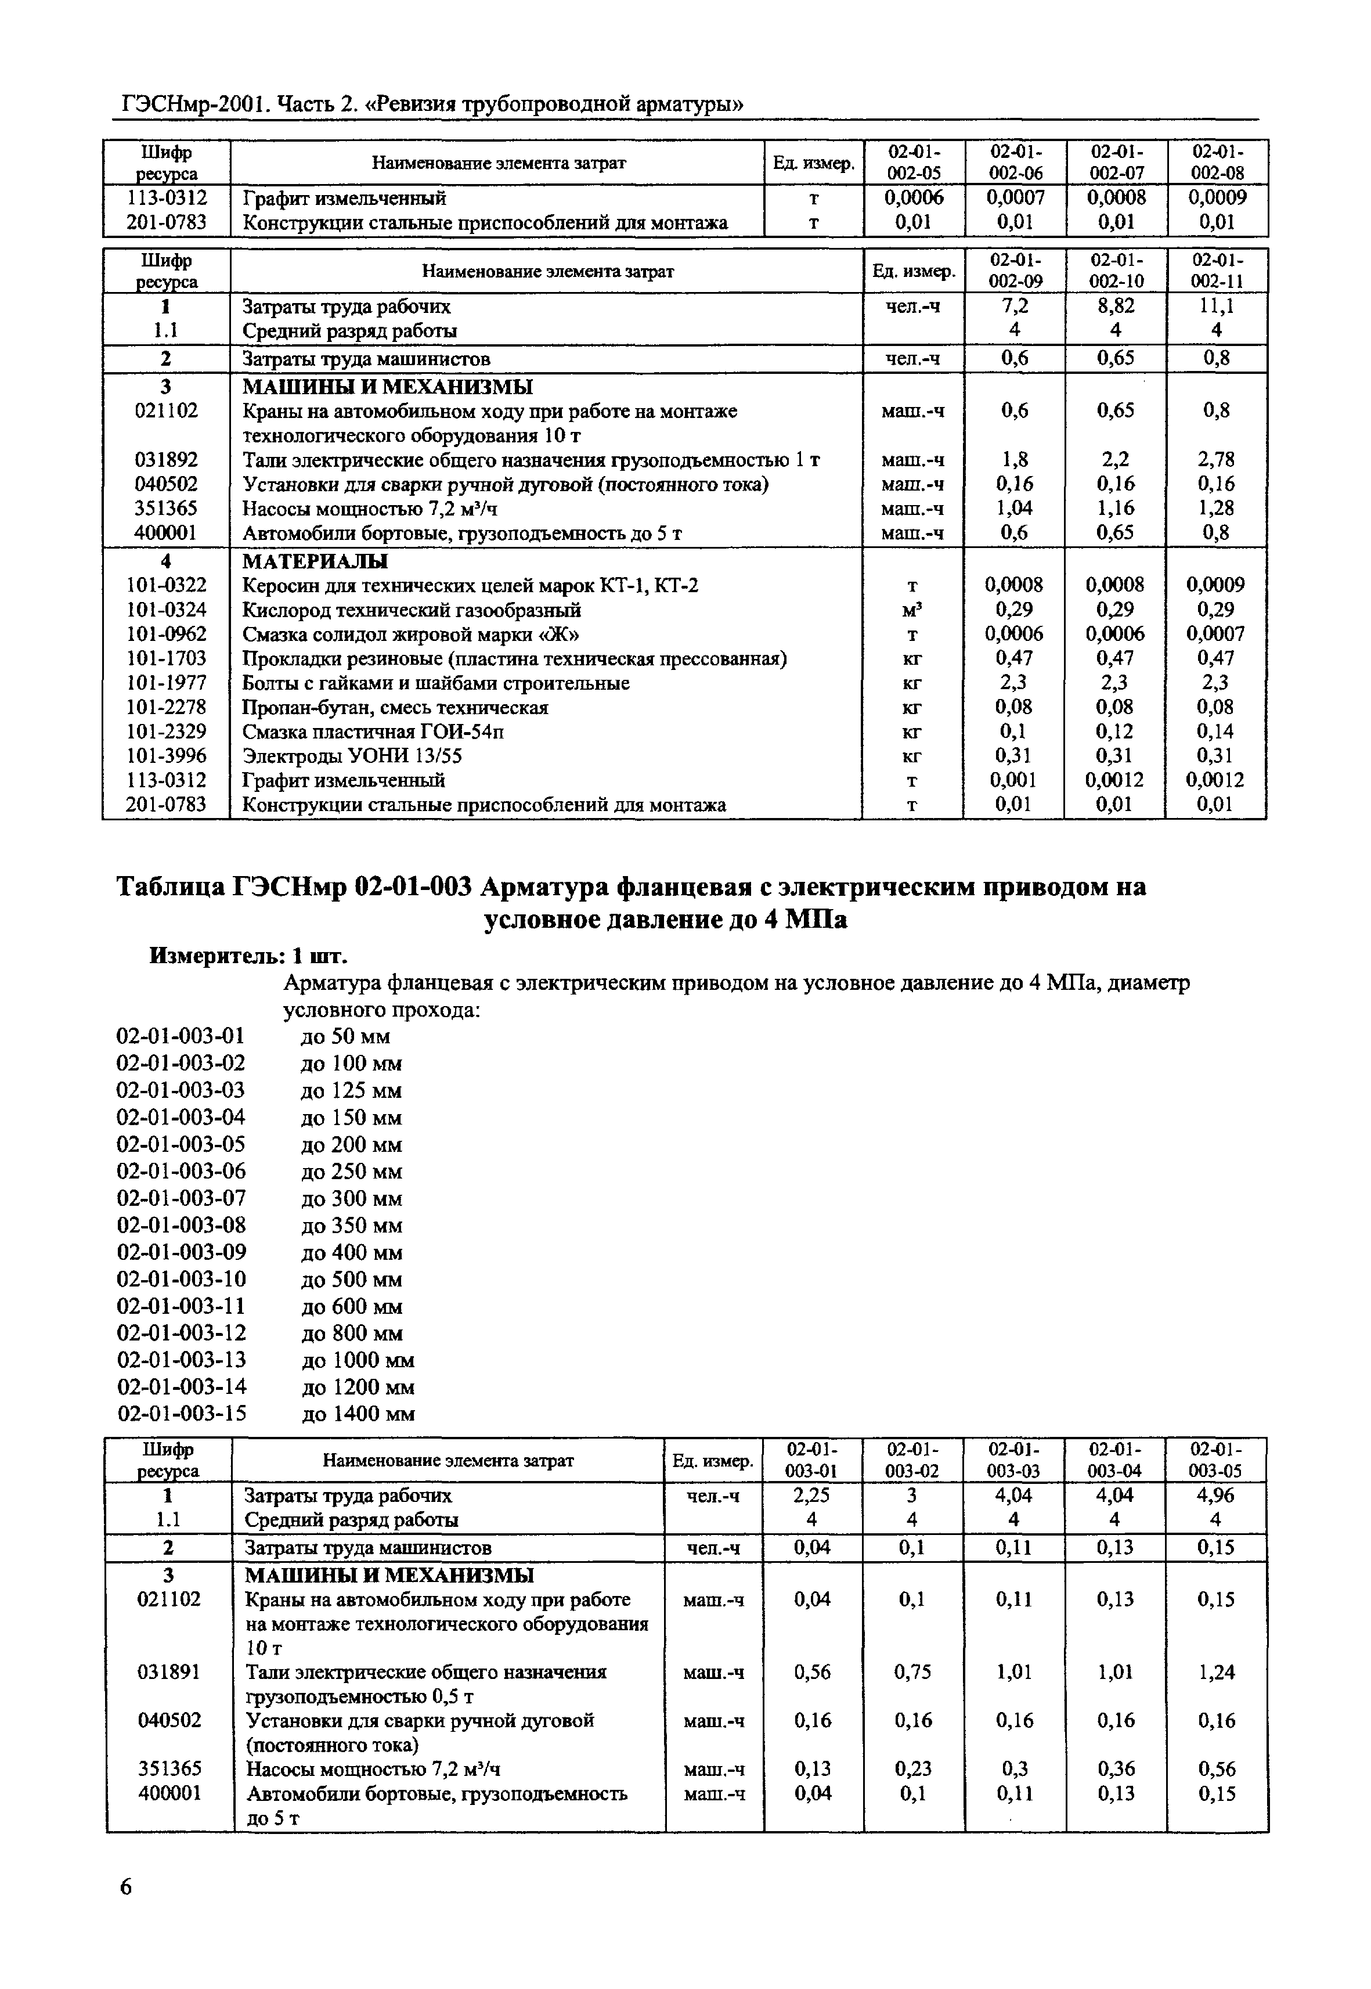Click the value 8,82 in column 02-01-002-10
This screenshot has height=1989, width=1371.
[1115, 307]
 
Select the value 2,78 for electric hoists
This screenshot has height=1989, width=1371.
[1215, 460]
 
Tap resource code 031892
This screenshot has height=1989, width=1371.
[166, 460]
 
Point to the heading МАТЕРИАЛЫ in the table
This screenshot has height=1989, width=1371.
[315, 561]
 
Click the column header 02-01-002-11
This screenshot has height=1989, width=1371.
[1217, 271]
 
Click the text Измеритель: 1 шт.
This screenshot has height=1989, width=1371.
[248, 956]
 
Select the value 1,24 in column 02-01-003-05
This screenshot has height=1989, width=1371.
[1215, 1672]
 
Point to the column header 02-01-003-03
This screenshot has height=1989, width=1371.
[1013, 1460]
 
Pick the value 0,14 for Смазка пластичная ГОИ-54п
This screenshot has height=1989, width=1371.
[1215, 732]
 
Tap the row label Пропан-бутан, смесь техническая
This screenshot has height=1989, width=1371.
[395, 708]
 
